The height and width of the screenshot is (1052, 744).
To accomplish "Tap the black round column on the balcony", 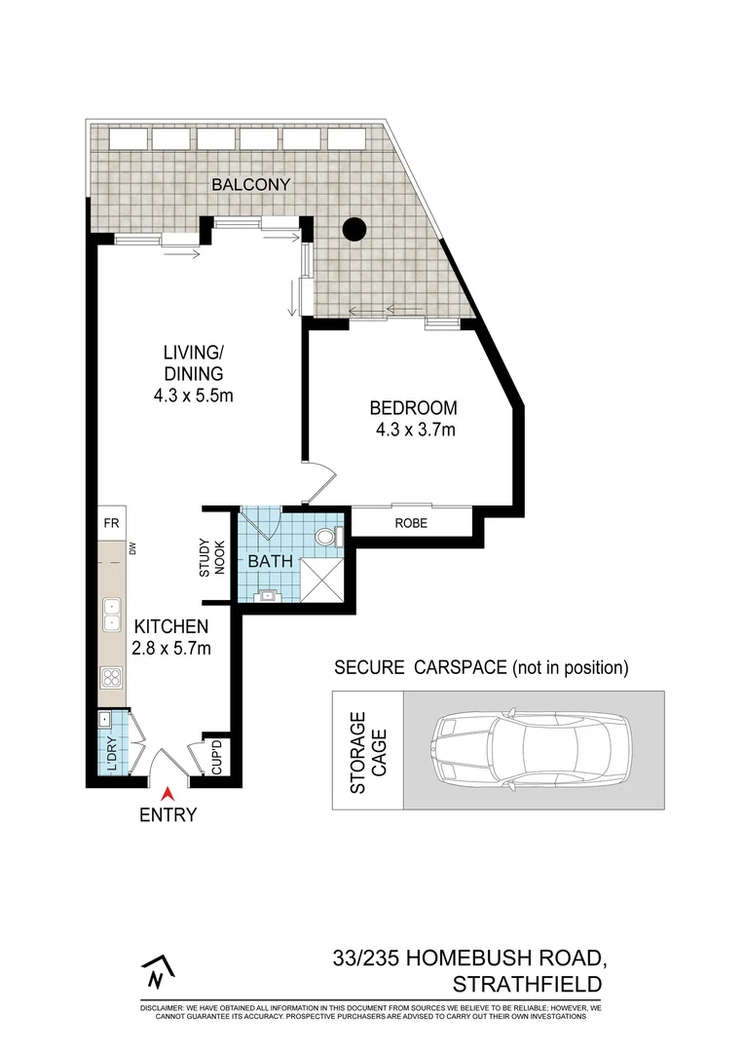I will coord(354,230).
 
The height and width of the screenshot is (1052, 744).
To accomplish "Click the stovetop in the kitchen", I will coord(111,679).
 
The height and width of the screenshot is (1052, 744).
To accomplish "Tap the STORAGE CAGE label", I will coord(367,751).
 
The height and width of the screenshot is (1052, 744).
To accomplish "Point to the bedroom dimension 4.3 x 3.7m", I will coord(415,430).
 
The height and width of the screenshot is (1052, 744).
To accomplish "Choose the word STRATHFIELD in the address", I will coord(528,984).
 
